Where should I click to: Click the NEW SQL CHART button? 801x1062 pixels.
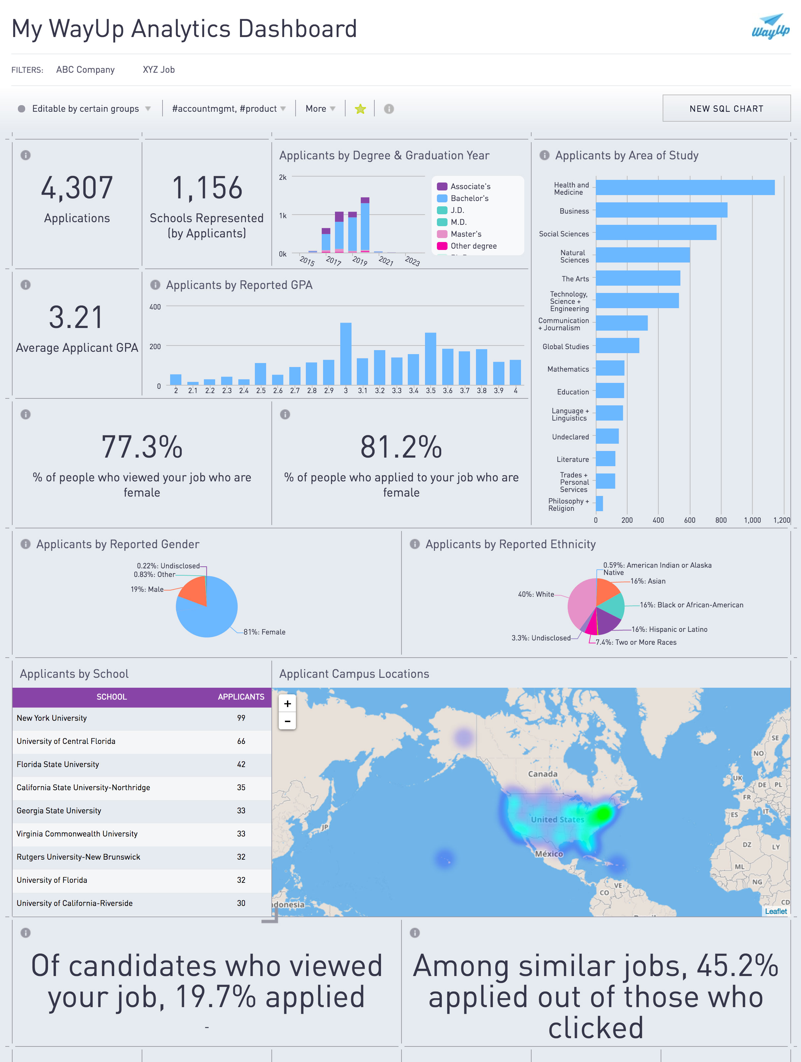click(x=726, y=108)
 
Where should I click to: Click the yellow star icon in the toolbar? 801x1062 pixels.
click(x=360, y=109)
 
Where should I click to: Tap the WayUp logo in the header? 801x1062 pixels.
click(x=770, y=26)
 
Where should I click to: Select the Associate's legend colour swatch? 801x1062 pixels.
click(x=442, y=186)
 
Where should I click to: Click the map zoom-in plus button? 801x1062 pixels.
click(x=287, y=704)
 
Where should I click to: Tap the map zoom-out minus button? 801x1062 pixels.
click(x=287, y=721)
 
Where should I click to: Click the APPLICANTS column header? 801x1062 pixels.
click(x=241, y=697)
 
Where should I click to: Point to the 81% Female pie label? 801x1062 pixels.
click(x=264, y=632)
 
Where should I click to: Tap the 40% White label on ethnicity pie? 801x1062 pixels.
click(x=536, y=594)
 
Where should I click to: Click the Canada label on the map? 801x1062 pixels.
click(x=542, y=774)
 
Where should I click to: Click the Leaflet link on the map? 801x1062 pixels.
click(x=776, y=911)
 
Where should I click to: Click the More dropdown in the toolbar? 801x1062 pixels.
click(x=320, y=109)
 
